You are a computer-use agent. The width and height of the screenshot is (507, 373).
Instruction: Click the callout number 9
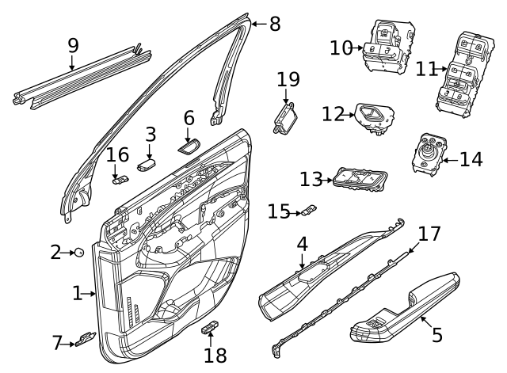pyautogui.click(x=73, y=45)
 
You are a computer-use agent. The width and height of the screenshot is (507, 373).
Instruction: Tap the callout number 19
pyautogui.click(x=288, y=79)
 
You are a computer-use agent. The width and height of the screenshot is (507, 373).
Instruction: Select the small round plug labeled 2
pyautogui.click(x=80, y=252)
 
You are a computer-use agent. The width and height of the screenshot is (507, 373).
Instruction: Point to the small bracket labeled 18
pyautogui.click(x=211, y=328)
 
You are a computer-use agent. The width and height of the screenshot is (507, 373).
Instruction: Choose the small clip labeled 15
pyautogui.click(x=309, y=211)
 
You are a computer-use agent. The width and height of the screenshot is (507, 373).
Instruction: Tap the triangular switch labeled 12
pyautogui.click(x=371, y=116)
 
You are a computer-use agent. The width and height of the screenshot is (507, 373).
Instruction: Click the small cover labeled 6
pyautogui.click(x=189, y=145)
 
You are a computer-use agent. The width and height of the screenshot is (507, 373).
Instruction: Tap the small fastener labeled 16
pyautogui.click(x=120, y=179)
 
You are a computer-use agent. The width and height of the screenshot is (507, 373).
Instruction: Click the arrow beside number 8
pyautogui.click(x=255, y=24)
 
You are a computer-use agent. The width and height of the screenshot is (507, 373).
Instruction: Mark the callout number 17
pyautogui.click(x=429, y=234)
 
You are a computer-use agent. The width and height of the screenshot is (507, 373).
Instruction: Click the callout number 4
pyautogui.click(x=302, y=244)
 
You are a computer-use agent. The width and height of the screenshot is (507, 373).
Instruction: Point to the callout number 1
pyautogui.click(x=77, y=294)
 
